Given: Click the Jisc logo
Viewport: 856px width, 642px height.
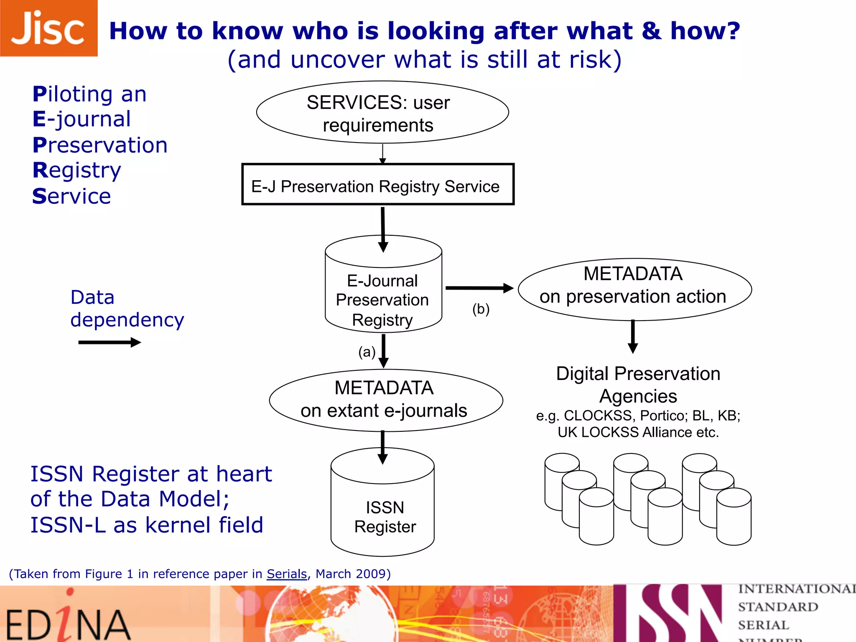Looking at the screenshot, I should tap(48, 28).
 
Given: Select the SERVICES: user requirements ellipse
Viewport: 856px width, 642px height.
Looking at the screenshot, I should tap(382, 112).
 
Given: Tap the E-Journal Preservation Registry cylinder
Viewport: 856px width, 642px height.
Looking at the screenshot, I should tap(383, 293).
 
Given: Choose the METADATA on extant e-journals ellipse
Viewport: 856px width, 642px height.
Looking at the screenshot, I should tap(386, 400).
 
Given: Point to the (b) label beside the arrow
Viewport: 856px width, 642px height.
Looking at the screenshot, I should tap(481, 309).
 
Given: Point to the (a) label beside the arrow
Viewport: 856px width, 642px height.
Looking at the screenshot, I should tap(367, 352).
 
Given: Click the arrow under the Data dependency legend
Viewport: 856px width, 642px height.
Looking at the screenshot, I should tap(110, 343).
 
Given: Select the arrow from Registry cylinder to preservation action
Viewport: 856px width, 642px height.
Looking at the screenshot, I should tap(479, 288).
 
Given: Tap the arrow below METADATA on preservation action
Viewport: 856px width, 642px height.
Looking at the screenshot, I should tap(633, 337).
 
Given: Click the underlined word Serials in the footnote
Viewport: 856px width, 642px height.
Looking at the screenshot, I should tap(287, 574).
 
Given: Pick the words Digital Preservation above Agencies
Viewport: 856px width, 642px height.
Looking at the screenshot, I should tap(638, 374).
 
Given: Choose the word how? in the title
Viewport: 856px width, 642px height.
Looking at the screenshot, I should tap(705, 31).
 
